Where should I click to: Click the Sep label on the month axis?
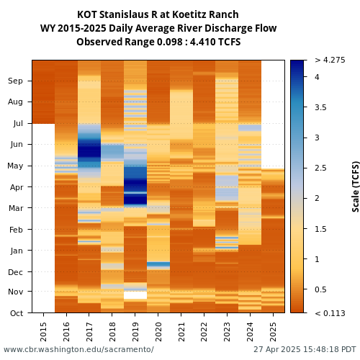tap(15, 81)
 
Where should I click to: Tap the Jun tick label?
tap(17, 144)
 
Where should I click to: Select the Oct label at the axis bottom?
tap(17, 313)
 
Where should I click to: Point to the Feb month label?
tap(16, 230)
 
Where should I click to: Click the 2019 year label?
tap(135, 332)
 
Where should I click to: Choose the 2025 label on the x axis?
tap(273, 332)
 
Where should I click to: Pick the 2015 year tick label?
tap(43, 332)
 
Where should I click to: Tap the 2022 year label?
tap(204, 332)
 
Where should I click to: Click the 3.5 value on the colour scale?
tap(320, 107)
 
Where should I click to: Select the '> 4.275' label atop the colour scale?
tap(330, 60)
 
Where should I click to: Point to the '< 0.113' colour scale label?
tap(330, 313)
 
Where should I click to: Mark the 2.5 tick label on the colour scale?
tap(320, 168)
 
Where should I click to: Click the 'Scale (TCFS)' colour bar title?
tap(356, 186)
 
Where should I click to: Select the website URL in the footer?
tap(78, 349)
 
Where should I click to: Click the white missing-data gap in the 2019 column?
tap(135, 295)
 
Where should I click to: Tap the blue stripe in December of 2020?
tap(158, 264)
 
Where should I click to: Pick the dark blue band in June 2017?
tap(89, 150)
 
